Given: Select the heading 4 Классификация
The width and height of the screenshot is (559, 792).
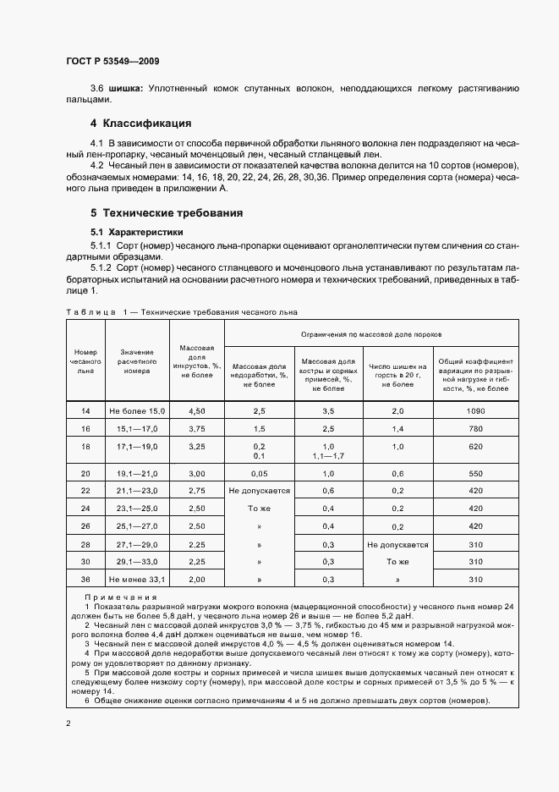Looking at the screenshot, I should click(141, 124).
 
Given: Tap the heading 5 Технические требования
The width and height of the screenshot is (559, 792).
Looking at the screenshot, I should click(167, 213).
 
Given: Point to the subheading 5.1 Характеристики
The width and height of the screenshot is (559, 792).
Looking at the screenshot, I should click(138, 232).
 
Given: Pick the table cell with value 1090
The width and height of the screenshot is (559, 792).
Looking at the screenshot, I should click(474, 410).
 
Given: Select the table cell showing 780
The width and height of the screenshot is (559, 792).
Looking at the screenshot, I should click(474, 428).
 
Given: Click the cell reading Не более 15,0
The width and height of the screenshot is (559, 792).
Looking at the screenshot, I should click(136, 410).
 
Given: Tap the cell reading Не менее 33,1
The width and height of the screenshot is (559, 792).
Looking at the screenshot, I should click(136, 579).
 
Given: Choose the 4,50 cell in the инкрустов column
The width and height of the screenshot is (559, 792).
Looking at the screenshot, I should click(197, 410).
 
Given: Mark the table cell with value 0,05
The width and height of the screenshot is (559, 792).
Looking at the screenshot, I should click(259, 473).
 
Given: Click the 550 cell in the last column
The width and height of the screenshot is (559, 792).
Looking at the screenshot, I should click(474, 473).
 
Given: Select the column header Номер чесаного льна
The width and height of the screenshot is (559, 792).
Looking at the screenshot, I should click(85, 360).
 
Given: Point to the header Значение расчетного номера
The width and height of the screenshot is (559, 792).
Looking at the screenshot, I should click(136, 360).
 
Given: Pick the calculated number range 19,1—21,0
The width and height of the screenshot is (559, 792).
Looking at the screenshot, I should click(136, 473).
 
